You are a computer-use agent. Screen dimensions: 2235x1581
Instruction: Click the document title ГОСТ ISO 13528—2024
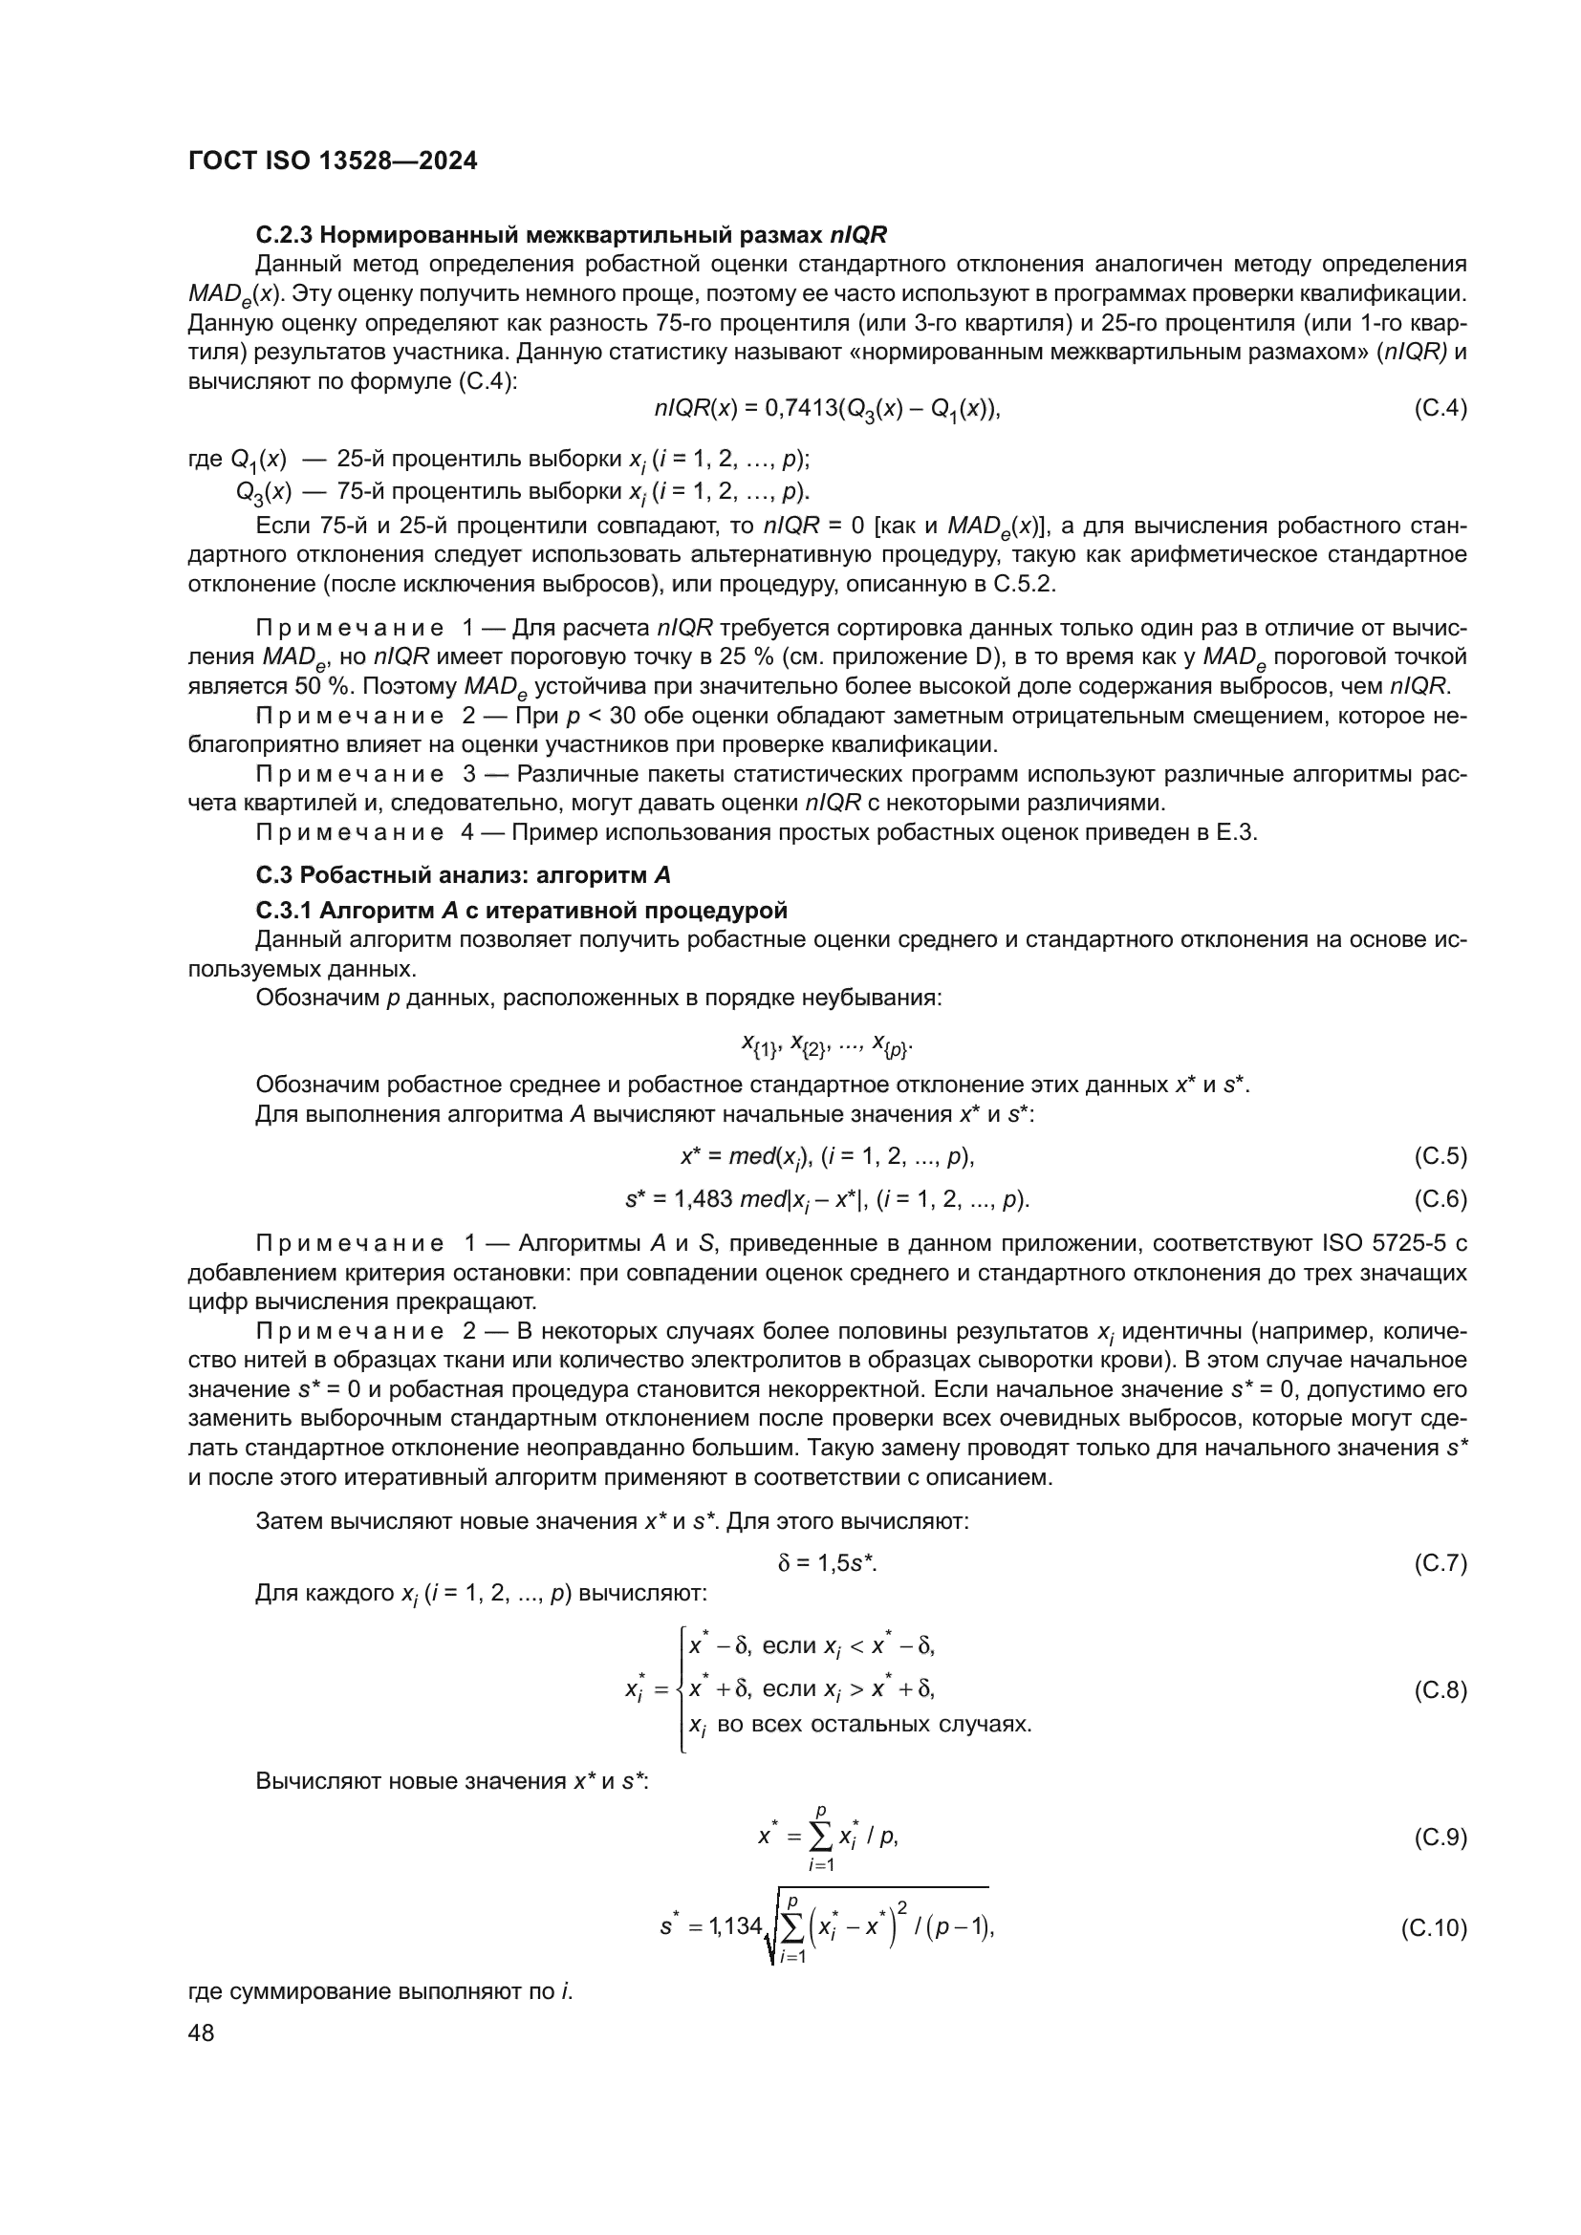[x=332, y=161]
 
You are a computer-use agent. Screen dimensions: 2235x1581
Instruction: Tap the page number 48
[x=201, y=2032]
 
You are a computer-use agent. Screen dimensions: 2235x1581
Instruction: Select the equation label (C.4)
[x=1440, y=408]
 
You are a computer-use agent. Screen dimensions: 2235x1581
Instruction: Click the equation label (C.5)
[x=1440, y=1156]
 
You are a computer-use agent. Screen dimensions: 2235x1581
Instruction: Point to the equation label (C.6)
[x=1440, y=1199]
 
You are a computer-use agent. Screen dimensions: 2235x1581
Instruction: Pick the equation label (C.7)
[x=1440, y=1564]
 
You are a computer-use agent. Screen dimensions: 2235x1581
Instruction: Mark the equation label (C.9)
[x=1440, y=1837]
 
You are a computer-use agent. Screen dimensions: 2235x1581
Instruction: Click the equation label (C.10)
[x=1434, y=1928]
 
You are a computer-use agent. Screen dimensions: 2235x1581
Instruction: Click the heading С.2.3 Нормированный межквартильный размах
[x=572, y=235]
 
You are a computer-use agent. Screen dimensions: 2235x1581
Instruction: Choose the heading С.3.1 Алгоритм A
[x=521, y=912]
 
